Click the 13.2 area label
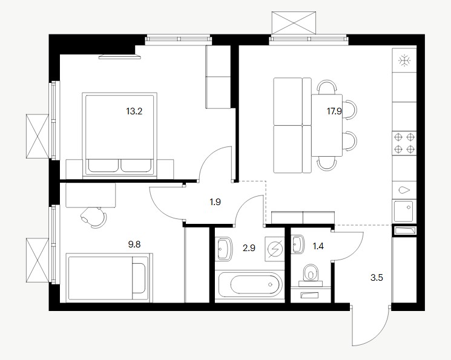134,111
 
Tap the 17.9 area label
334,111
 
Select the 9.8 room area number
134,244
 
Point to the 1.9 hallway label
215,202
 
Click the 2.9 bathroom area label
249,248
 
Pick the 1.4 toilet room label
318,246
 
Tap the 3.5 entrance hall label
377,278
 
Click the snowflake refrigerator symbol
404,61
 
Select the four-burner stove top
404,143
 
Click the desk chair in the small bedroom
94,217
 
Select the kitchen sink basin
404,211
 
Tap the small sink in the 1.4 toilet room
298,244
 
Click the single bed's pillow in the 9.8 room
139,278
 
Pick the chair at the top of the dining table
326,87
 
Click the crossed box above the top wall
294,22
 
